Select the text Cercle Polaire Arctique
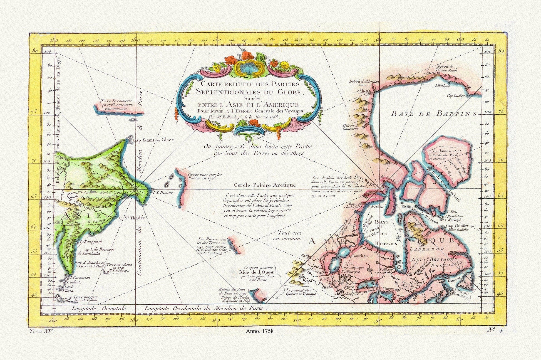click(x=265, y=185)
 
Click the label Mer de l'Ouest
click(x=255, y=272)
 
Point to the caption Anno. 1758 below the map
click(x=260, y=331)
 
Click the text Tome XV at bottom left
click(x=41, y=331)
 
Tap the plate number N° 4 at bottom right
click(x=496, y=330)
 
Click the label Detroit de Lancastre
click(x=351, y=127)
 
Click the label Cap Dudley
click(x=456, y=96)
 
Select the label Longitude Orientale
click(x=99, y=308)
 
